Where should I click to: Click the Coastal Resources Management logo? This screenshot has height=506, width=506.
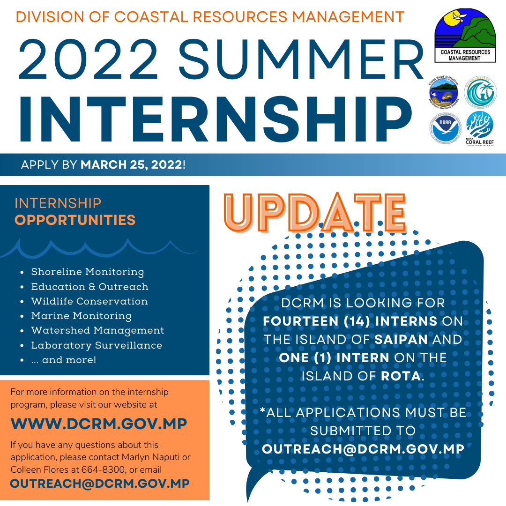click(x=464, y=37)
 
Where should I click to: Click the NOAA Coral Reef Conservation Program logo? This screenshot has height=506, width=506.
click(x=479, y=127)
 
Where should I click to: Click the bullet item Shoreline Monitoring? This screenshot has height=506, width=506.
click(x=88, y=272)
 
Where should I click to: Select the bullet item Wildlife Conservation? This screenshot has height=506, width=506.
click(x=89, y=301)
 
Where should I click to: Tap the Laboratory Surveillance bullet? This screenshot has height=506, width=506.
click(x=97, y=345)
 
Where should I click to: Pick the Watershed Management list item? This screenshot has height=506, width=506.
click(x=97, y=330)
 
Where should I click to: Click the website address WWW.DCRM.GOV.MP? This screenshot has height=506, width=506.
click(x=99, y=424)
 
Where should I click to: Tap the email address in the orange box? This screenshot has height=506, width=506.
click(x=100, y=484)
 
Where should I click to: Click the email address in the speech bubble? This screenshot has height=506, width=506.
click(x=363, y=449)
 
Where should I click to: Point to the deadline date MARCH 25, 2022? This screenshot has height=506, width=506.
click(x=131, y=165)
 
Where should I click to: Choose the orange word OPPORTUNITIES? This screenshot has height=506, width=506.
click(x=75, y=220)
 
